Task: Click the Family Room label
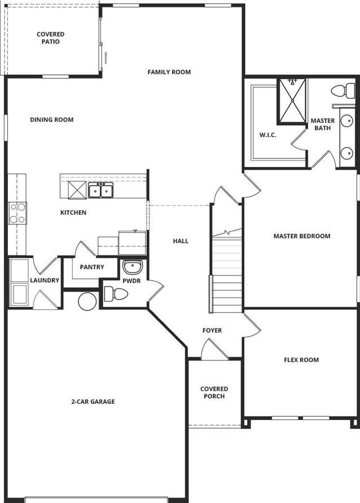tap(169, 72)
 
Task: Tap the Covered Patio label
tap(51, 38)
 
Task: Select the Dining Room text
tap(52, 120)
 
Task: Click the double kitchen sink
tap(101, 190)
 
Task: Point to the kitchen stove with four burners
tap(17, 213)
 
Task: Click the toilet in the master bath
tap(343, 91)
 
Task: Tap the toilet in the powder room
tap(115, 294)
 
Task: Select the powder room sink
tap(133, 267)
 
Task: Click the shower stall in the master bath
tap(292, 100)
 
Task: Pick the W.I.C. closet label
tap(268, 135)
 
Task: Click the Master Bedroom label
tap(301, 236)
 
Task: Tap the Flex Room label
tap(301, 360)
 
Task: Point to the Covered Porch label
tap(214, 392)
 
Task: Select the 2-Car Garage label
tap(93, 401)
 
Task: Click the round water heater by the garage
tap(87, 301)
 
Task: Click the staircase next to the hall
tap(226, 271)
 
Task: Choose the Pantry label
tap(92, 267)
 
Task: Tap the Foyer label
tap(212, 330)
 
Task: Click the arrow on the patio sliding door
tap(105, 58)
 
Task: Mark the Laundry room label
tap(45, 280)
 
